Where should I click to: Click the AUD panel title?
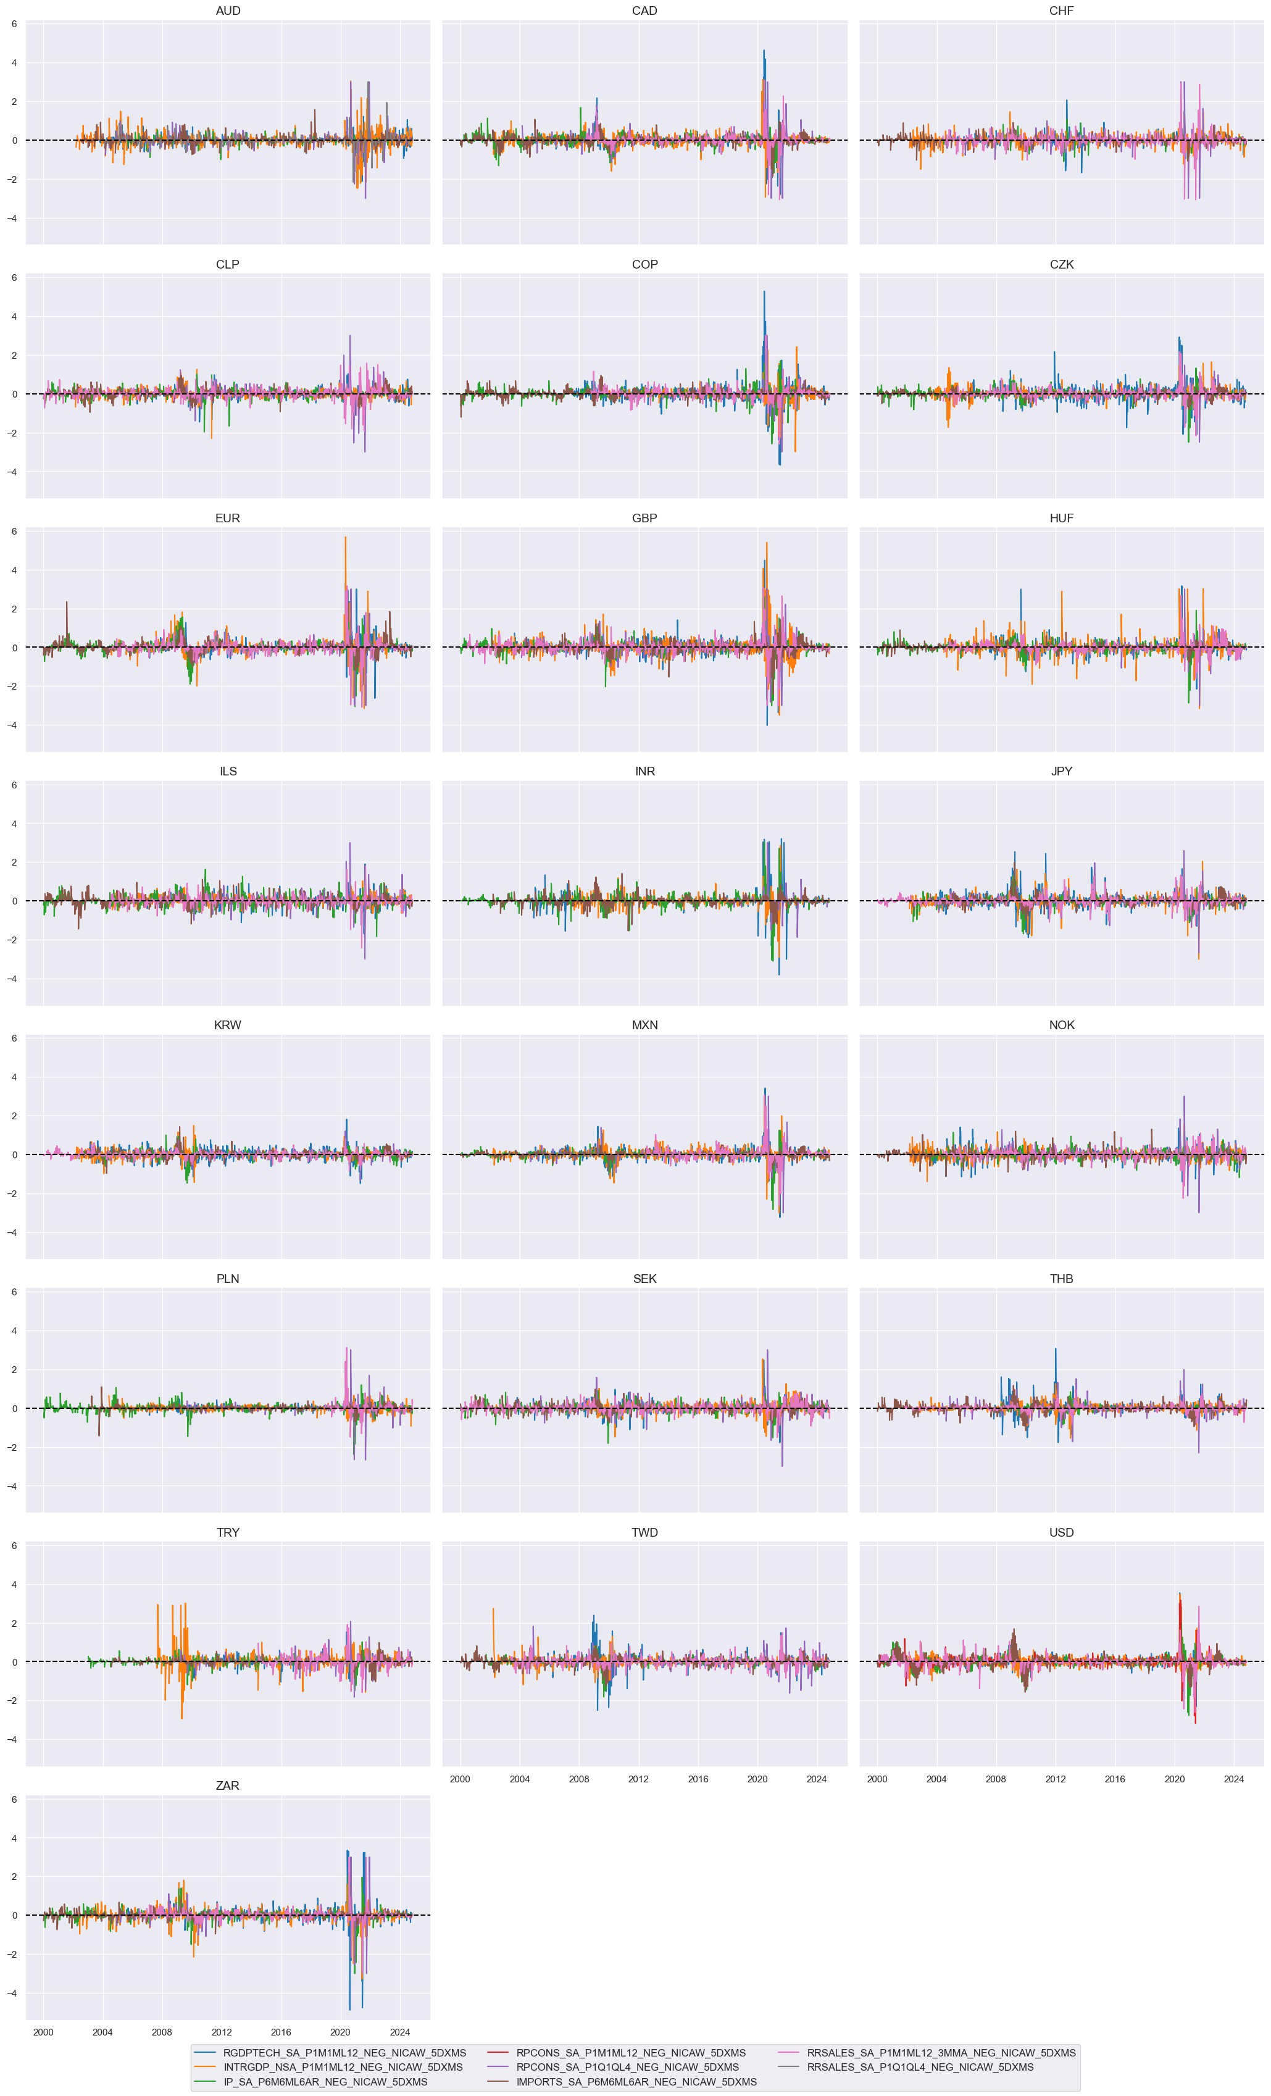pos(228,11)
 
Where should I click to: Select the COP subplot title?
pos(645,265)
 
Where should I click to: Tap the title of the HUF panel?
pos(1061,518)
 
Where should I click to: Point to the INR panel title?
pos(645,772)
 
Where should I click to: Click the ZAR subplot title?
pos(227,1785)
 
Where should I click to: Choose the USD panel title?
pos(1061,1532)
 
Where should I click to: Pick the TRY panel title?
pos(227,1532)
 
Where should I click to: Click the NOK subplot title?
pos(1061,1025)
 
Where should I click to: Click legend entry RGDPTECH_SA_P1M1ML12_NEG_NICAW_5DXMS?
pos(344,2053)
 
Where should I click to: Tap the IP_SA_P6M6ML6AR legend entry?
pos(325,2082)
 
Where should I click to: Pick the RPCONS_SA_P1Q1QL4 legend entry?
pos(627,2067)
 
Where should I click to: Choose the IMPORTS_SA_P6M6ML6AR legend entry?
pos(636,2082)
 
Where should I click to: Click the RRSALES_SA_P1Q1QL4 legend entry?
pos(920,2067)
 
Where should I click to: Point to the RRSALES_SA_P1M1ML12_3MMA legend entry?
pos(941,2053)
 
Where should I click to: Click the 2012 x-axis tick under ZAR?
pos(221,2032)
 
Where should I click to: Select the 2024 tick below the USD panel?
pos(1233,1779)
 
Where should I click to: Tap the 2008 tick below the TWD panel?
pos(578,1779)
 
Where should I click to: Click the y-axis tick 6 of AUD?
pos(14,24)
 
